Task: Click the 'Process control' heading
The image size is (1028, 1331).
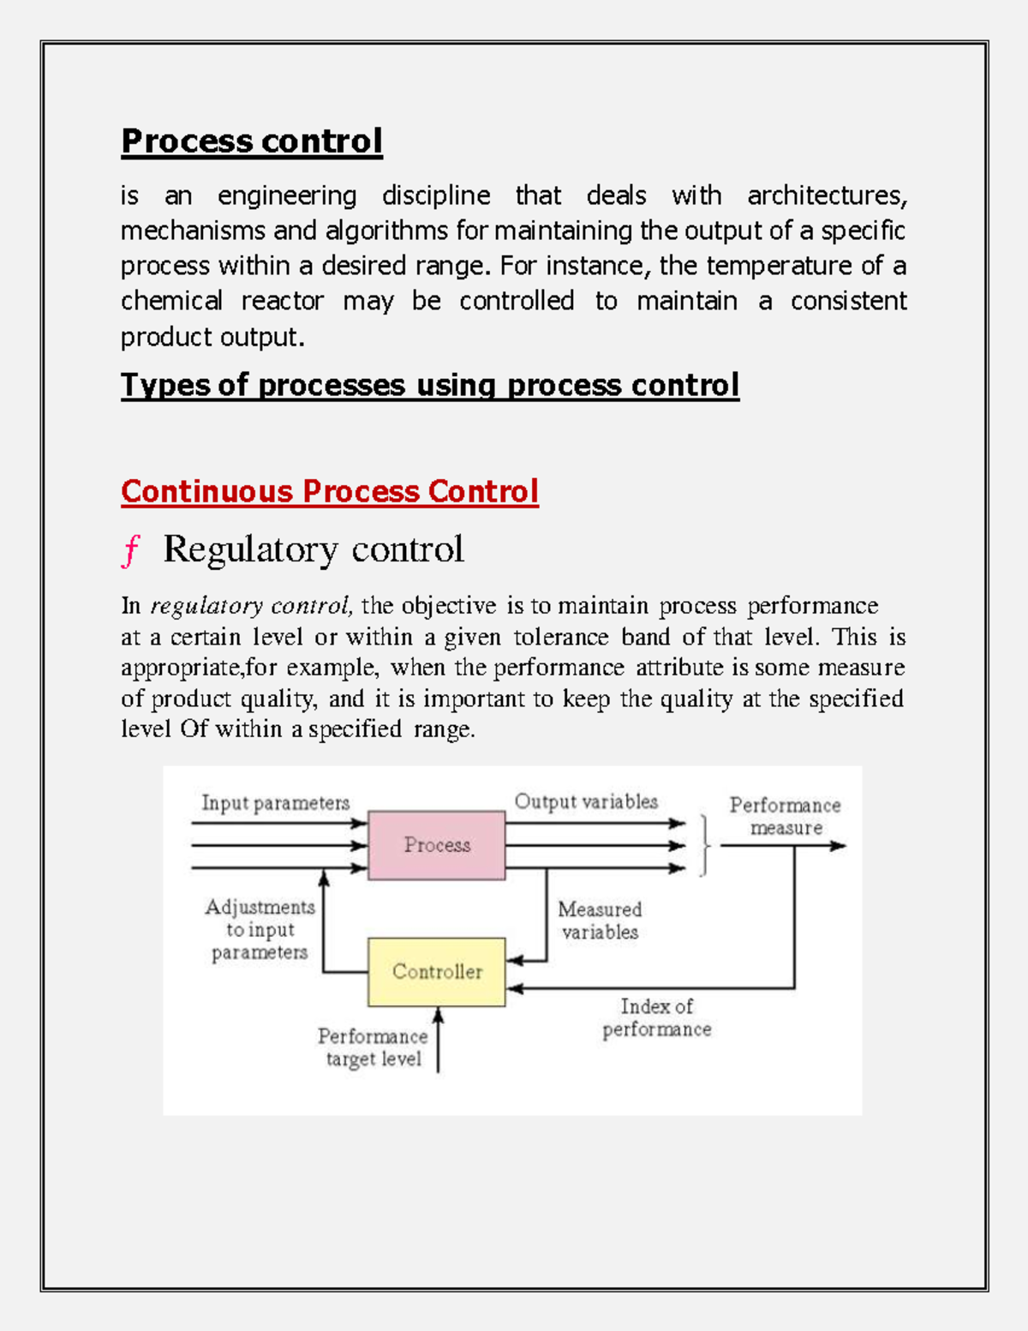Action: click(x=251, y=141)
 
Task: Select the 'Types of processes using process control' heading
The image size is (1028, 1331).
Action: click(x=429, y=385)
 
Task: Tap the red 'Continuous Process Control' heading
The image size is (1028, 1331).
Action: click(x=330, y=491)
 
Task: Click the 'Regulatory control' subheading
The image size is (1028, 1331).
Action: click(x=314, y=549)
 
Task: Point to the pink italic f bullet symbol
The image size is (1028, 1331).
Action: click(x=130, y=550)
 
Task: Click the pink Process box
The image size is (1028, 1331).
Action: click(x=437, y=845)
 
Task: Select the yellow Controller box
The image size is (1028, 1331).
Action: click(x=437, y=971)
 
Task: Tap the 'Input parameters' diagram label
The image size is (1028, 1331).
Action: click(x=275, y=803)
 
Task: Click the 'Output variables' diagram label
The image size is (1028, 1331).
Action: click(x=586, y=801)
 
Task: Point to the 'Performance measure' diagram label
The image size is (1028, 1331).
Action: click(x=786, y=816)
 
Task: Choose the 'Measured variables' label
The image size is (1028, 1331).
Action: click(x=600, y=920)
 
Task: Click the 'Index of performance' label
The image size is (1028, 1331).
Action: click(x=657, y=1017)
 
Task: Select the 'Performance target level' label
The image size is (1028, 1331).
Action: click(x=374, y=1047)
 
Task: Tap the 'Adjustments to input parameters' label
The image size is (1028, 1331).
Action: click(x=260, y=930)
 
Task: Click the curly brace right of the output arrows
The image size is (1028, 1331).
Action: click(x=705, y=845)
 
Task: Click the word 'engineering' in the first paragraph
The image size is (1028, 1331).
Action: click(x=287, y=196)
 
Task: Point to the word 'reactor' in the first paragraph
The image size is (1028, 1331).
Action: click(x=282, y=302)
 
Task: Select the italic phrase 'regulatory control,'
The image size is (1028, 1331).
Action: click(x=251, y=606)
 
